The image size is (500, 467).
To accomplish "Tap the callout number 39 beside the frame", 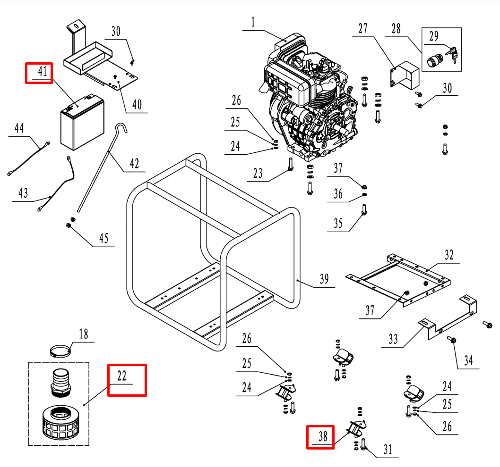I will coord(324,279).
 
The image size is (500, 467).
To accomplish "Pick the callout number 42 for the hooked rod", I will coord(134,164).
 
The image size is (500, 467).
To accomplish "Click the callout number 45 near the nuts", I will coord(103,238).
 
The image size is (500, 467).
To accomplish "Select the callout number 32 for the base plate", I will coord(448,255).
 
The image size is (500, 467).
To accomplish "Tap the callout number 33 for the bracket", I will coord(393,339).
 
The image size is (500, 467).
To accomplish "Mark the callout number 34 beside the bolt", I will coord(468,361).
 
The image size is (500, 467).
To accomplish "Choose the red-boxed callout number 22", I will coord(122,376).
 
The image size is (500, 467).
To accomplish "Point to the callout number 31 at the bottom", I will coord(388,450).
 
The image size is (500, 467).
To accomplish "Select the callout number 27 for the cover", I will coord(362,28).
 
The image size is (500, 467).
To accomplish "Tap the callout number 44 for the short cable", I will coord(19,128).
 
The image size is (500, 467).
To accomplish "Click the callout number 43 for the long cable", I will coord(23,193).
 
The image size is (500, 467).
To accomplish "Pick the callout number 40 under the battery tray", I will coord(137,105).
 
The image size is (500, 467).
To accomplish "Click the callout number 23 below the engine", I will coord(258,173).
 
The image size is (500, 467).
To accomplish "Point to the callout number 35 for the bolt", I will coord(338,223).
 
